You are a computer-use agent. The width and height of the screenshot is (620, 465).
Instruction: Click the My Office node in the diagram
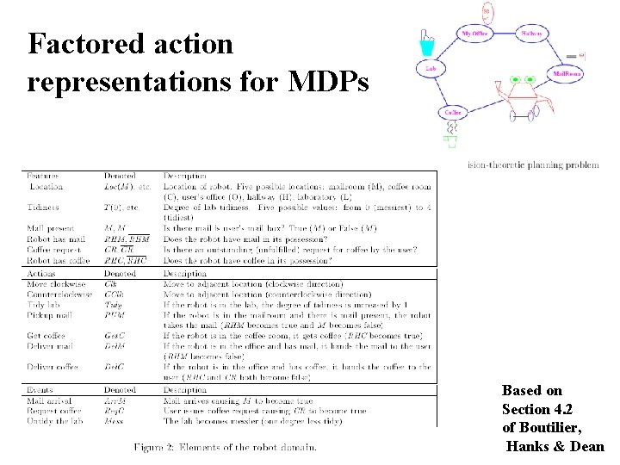(475, 34)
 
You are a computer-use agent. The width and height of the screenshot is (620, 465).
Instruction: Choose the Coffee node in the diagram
(453, 113)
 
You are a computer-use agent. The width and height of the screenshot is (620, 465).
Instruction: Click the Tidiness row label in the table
(44, 208)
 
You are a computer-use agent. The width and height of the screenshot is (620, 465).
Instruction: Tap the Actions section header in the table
(40, 273)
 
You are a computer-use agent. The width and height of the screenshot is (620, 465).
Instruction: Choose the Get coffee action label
(47, 336)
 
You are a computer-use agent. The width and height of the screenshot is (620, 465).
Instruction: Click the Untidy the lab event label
(56, 422)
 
